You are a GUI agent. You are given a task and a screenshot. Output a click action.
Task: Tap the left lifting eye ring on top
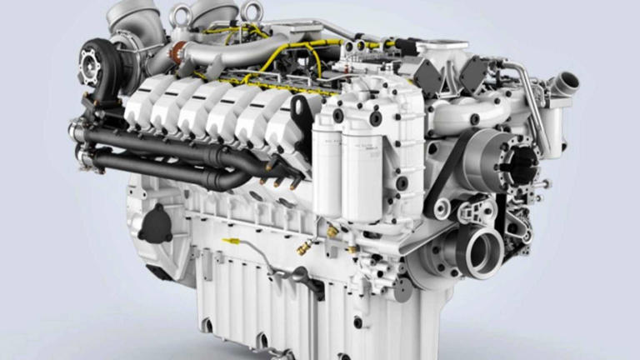click(x=177, y=12)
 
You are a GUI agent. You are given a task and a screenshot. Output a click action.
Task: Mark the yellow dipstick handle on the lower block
click(x=227, y=242)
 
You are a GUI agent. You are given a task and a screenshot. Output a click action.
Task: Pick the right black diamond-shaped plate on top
click(x=475, y=73)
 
